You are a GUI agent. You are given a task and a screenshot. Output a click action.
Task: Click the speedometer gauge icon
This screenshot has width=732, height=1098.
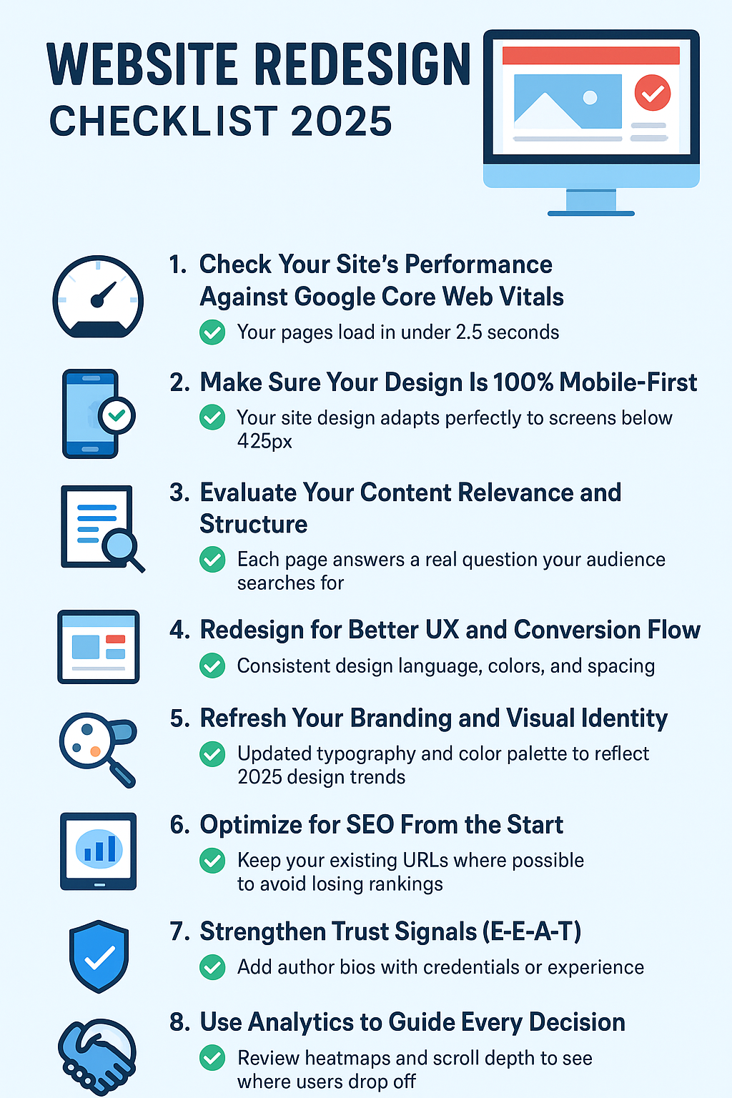pos(98,297)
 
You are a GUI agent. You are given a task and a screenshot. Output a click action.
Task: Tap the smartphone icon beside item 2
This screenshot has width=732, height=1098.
pos(91,413)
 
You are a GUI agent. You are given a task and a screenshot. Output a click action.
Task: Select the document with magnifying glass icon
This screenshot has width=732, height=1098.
pos(100,528)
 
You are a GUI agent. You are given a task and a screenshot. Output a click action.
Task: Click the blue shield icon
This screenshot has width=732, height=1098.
pos(99,956)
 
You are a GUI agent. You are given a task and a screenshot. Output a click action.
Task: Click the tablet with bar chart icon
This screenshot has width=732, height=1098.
pos(98,851)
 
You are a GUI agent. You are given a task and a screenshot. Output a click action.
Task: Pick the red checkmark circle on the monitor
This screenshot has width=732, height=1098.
pos(652,93)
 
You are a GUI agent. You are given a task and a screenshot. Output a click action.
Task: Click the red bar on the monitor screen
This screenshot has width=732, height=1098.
pos(590,56)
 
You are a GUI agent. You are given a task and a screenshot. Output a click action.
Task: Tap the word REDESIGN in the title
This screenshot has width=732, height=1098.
pos(362,66)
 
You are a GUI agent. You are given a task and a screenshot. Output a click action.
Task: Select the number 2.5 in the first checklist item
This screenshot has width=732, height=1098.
pos(469,332)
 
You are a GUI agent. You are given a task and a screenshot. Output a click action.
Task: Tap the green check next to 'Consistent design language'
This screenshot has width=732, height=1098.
pos(212,666)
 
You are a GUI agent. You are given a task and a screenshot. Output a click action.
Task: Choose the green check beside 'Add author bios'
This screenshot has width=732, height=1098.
pos(212,967)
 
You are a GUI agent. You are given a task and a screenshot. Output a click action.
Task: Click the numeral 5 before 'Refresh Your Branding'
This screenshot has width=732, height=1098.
pos(177,718)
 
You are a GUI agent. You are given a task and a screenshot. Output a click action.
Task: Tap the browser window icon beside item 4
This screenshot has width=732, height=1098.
pos(98,647)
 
